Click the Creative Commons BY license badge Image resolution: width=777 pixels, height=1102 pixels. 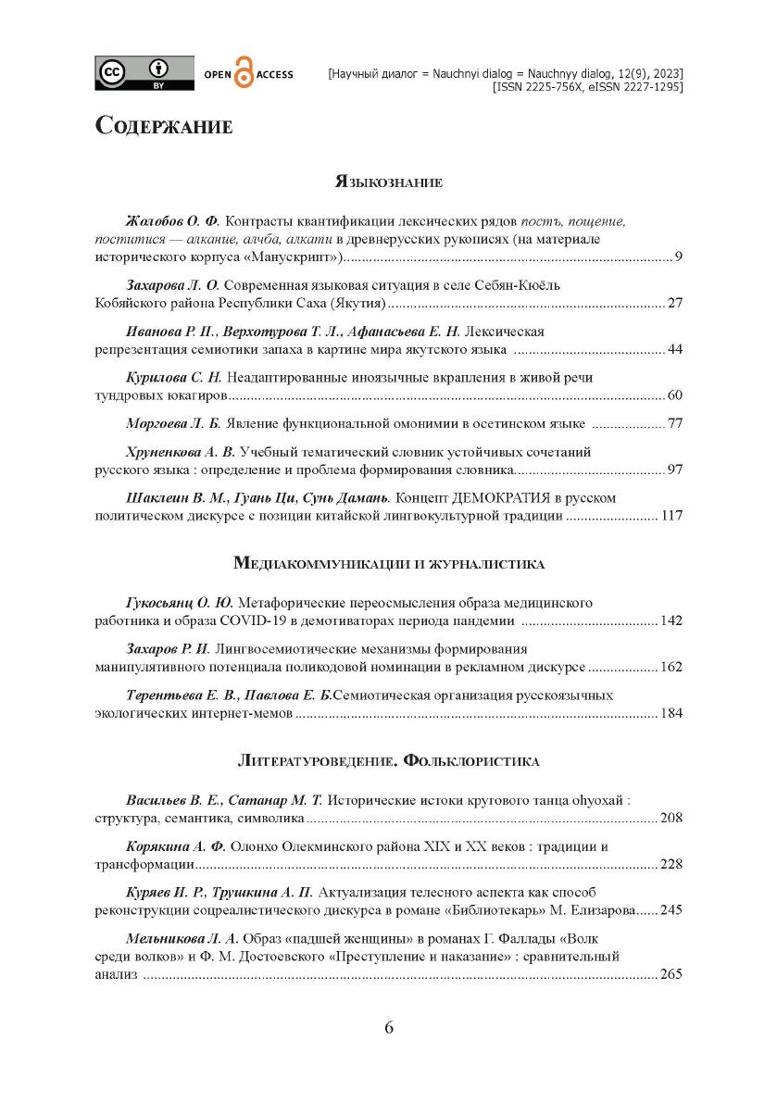[x=144, y=73]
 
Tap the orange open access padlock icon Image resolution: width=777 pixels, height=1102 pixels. [x=244, y=74]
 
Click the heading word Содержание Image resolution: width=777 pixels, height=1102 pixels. [x=163, y=126]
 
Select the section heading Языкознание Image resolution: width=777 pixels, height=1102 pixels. [x=388, y=182]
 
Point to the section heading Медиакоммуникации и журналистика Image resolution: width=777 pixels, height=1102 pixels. [x=388, y=563]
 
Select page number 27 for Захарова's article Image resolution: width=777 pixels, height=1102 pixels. [x=674, y=302]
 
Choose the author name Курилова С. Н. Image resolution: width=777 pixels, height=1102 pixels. [x=174, y=378]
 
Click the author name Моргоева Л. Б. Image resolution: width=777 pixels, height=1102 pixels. [x=173, y=424]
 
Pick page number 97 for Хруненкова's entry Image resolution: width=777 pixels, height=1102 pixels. [x=674, y=470]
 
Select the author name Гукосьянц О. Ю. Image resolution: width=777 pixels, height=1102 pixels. [x=181, y=602]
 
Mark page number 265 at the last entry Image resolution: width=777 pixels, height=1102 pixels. [x=670, y=974]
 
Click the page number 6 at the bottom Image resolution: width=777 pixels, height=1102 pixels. [x=388, y=1028]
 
